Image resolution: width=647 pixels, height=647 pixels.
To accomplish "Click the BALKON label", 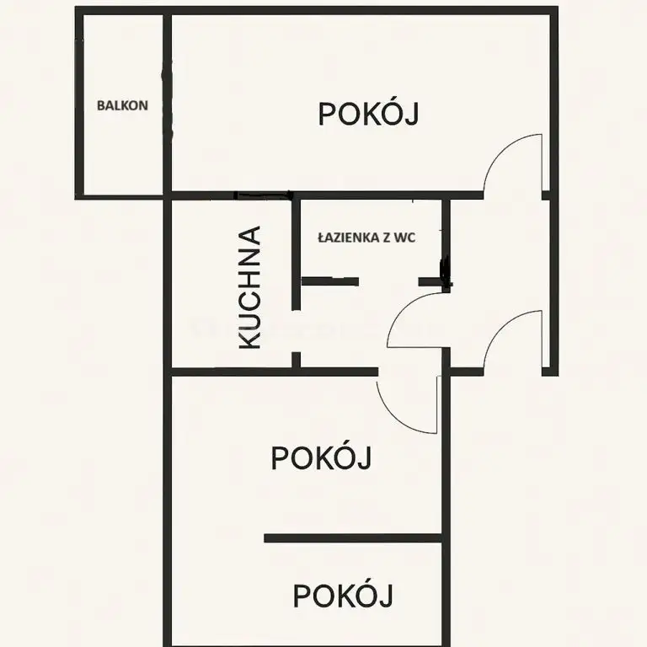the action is [122, 105].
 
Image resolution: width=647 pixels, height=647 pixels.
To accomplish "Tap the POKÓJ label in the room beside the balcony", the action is [368, 114].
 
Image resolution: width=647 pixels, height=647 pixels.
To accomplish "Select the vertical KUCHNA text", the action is [250, 287].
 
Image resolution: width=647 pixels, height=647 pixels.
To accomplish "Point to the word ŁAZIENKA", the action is [349, 238].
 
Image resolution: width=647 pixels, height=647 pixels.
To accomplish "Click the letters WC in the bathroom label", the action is [404, 238].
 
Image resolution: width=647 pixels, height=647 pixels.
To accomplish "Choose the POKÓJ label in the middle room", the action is [321, 457].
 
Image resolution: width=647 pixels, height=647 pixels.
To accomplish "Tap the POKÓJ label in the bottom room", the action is [343, 595].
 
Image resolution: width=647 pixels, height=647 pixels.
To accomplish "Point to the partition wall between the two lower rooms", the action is [353, 538].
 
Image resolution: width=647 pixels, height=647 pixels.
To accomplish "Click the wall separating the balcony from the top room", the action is [167, 103].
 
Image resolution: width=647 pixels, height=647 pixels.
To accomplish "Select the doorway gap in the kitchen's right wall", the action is [296, 330].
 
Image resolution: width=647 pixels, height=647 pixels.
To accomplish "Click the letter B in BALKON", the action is [101, 105].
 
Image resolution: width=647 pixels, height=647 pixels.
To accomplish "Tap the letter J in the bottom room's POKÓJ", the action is [387, 596].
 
